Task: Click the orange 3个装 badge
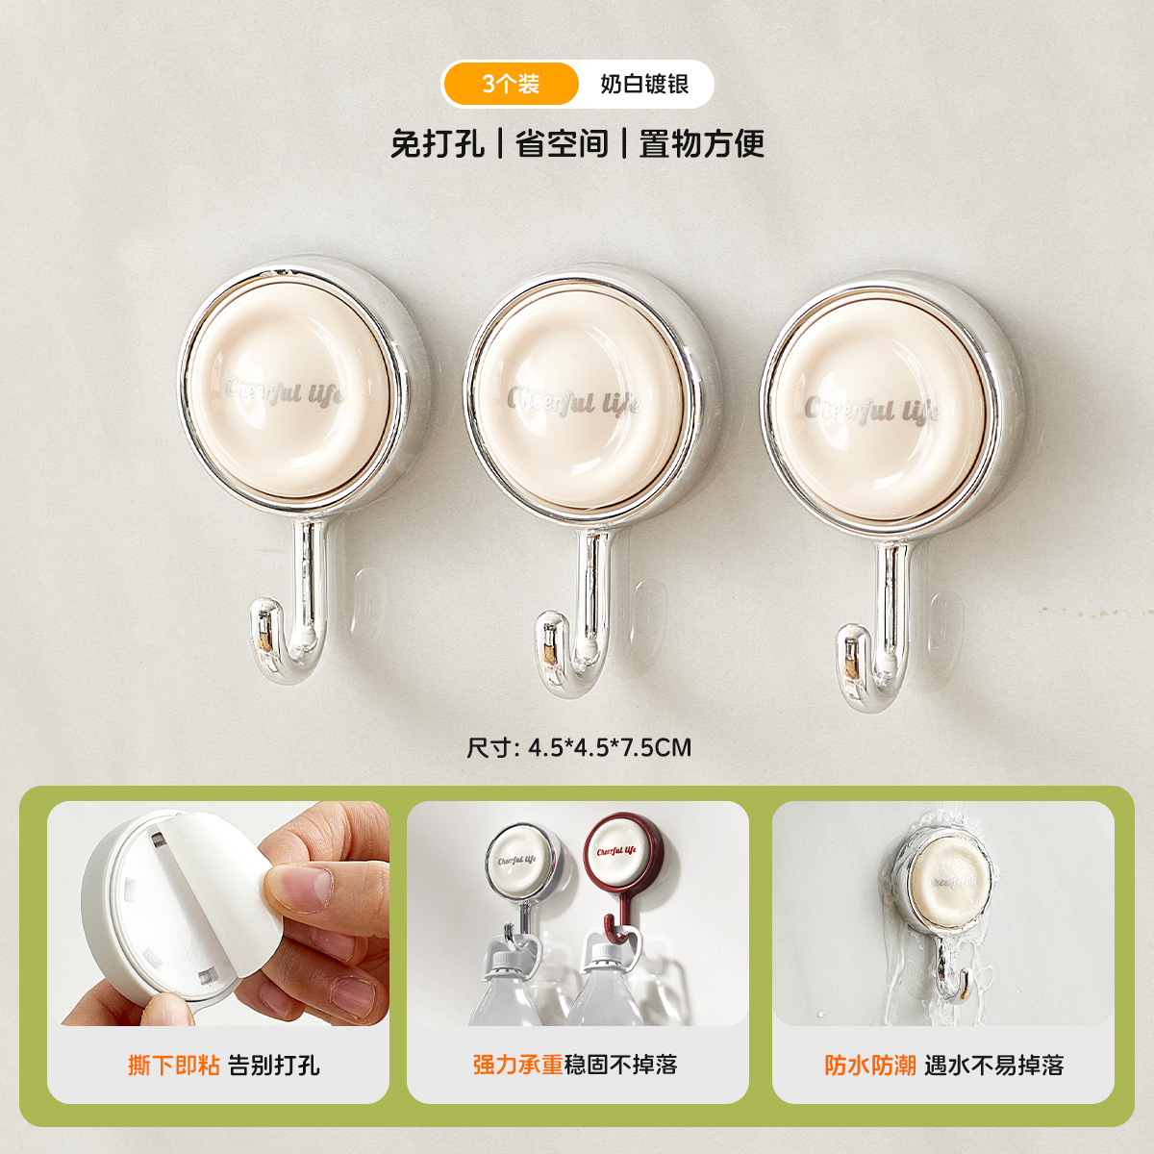coord(511,84)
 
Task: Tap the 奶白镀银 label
coord(644,84)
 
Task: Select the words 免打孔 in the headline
coord(437,144)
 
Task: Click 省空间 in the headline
coord(563,144)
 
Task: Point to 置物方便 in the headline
coord(702,144)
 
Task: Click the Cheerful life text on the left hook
coord(283,391)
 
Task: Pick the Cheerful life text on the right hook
coord(872,410)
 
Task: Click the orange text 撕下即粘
coord(174,1065)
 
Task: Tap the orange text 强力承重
coord(517,1065)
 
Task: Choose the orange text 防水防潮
coord(869,1065)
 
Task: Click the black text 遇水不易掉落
coord(994,1065)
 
